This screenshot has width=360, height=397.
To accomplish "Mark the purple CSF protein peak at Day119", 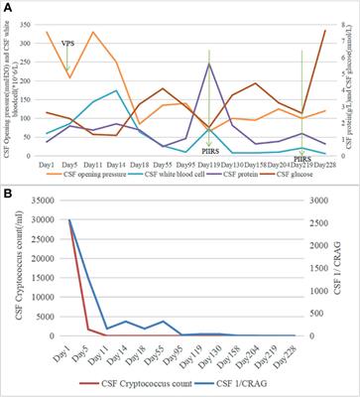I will click(x=209, y=64).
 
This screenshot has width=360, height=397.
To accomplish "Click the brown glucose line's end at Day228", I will click(x=324, y=30).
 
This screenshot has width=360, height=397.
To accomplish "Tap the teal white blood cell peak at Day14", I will click(x=116, y=90).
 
